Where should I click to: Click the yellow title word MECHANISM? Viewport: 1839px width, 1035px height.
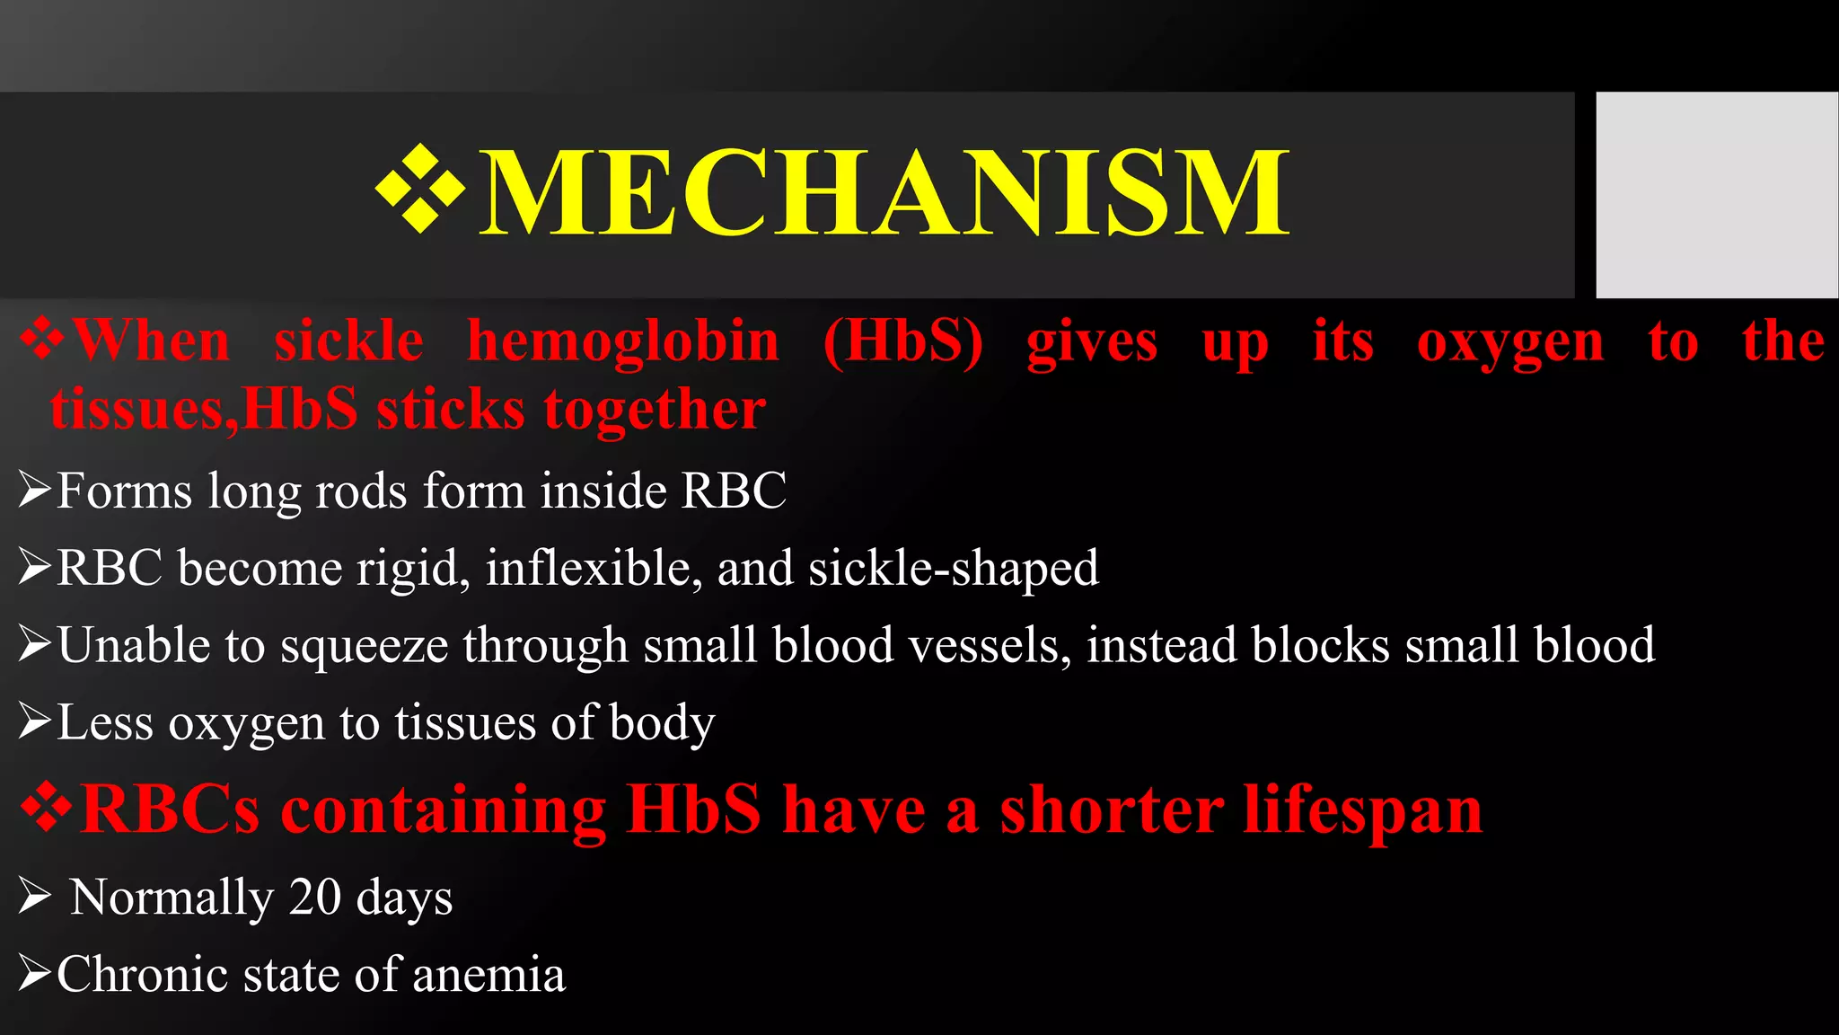point(884,193)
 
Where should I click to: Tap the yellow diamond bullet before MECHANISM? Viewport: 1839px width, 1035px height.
point(419,190)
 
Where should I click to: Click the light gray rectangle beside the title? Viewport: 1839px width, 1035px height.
point(1716,194)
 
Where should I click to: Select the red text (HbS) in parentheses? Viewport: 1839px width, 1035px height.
point(902,341)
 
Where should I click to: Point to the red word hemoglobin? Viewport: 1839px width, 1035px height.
point(623,341)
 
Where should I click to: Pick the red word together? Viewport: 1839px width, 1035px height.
point(655,411)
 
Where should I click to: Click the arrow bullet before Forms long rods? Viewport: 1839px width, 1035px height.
point(34,491)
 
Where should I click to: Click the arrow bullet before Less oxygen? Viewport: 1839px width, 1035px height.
point(34,722)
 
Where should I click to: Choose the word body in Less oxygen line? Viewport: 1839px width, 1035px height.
point(662,723)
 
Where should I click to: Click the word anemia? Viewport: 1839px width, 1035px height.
point(488,975)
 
